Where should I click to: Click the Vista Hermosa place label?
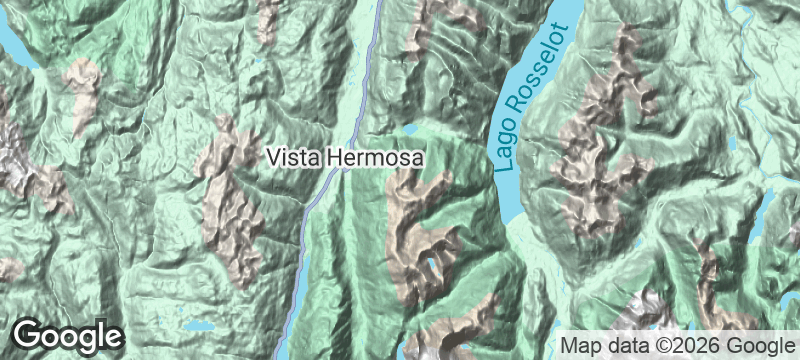(346, 158)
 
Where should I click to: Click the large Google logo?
(67, 336)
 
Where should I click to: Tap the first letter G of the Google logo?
(28, 336)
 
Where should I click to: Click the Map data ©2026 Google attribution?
(676, 345)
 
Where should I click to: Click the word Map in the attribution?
(579, 345)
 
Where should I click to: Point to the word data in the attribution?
(621, 345)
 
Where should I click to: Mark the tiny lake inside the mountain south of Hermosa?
(430, 265)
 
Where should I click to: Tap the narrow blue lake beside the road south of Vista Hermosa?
(297, 290)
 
